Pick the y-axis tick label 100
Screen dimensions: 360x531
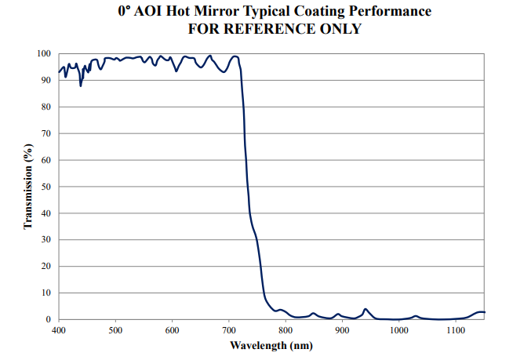(x=45, y=53)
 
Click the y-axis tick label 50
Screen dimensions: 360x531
(x=47, y=187)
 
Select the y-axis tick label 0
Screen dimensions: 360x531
(x=49, y=319)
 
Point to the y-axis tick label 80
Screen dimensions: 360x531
(x=47, y=107)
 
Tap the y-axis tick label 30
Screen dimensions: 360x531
(x=47, y=239)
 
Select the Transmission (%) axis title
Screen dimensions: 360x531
(x=28, y=187)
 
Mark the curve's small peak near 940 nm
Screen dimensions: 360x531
(x=365, y=309)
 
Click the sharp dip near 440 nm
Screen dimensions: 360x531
(x=81, y=85)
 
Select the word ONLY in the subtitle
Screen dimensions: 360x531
(x=338, y=29)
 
